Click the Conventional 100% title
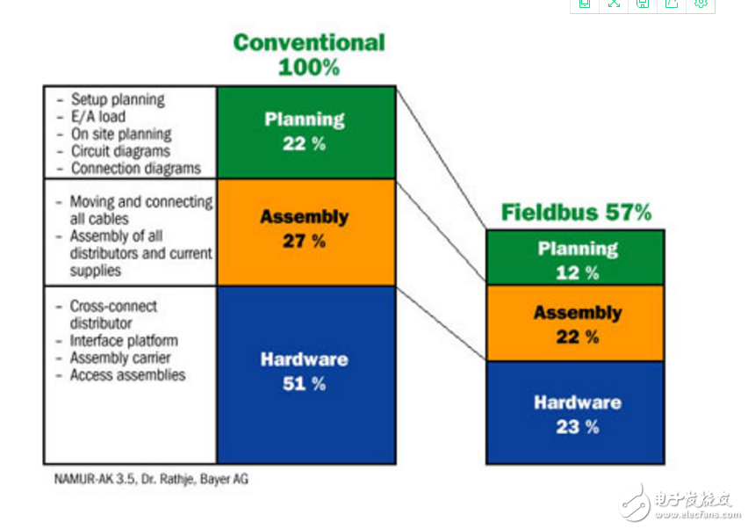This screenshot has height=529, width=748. (x=309, y=54)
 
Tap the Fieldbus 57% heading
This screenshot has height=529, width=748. (x=576, y=212)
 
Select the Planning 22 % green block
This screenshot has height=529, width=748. (x=306, y=133)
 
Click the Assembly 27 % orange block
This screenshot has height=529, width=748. (x=306, y=233)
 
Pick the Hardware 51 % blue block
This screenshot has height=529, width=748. (x=306, y=375)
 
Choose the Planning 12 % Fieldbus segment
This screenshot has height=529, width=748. (x=575, y=257)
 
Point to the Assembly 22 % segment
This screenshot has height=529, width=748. (x=575, y=323)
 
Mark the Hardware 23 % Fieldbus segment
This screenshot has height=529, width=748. (x=575, y=412)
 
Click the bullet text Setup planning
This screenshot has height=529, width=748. (x=118, y=99)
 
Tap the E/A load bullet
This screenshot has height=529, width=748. (x=98, y=117)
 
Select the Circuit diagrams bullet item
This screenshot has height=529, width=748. (x=120, y=151)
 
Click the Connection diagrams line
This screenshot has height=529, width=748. (x=136, y=168)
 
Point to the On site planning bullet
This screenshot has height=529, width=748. (x=121, y=134)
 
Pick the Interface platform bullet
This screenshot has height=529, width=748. (x=124, y=340)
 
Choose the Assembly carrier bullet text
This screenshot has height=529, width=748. (x=120, y=358)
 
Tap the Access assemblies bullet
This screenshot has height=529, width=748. (x=127, y=375)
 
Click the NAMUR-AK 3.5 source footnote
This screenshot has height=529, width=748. (x=151, y=479)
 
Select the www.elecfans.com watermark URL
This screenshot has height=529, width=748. (x=697, y=515)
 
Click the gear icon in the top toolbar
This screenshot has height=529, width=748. (x=701, y=4)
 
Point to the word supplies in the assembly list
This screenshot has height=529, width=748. (x=96, y=271)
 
